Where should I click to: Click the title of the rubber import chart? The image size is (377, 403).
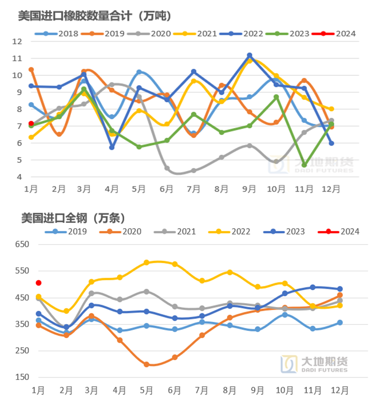pyautogui.click(x=94, y=15)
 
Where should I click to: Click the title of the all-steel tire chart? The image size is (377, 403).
pyautogui.click(x=73, y=218)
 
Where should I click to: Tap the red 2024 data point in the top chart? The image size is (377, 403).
pyautogui.click(x=31, y=123)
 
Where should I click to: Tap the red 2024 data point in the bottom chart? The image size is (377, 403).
pyautogui.click(x=39, y=283)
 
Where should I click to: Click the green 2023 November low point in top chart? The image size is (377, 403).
pyautogui.click(x=304, y=165)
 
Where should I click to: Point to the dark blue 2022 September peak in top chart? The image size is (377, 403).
pyautogui.click(x=249, y=55)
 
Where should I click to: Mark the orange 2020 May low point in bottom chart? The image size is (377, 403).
pyautogui.click(x=146, y=365)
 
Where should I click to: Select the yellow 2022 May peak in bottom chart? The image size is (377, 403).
pyautogui.click(x=146, y=263)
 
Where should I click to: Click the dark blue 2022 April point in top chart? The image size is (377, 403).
pyautogui.click(x=112, y=147)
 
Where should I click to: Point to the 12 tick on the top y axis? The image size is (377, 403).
pyautogui.click(x=17, y=41)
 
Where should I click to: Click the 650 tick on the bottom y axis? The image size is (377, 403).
pyautogui.click(x=23, y=244)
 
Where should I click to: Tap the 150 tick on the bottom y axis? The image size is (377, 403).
pyautogui.click(x=23, y=377)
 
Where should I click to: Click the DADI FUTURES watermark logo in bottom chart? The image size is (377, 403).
pyautogui.click(x=314, y=364)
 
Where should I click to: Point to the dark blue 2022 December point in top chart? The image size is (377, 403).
pyautogui.click(x=331, y=143)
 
